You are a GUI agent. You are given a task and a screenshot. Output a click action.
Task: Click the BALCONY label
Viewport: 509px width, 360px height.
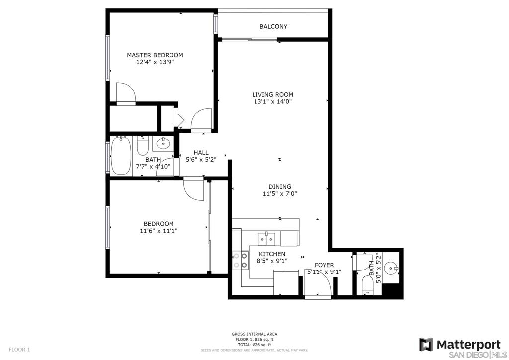click(x=273, y=27)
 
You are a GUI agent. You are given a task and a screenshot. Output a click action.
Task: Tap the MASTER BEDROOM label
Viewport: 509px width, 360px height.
click(x=155, y=55)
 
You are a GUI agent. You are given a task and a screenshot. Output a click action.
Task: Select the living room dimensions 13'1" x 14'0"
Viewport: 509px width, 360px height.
click(x=273, y=102)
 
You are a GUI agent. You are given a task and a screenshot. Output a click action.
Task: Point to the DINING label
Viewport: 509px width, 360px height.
click(x=280, y=186)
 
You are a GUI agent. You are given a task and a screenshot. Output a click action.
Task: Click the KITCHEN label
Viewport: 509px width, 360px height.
click(x=272, y=254)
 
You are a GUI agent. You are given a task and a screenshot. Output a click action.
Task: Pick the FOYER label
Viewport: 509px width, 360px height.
click(x=324, y=265)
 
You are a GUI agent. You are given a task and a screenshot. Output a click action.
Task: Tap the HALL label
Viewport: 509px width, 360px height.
click(x=201, y=152)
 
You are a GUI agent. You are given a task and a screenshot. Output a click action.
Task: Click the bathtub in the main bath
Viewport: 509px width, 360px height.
click(x=121, y=156)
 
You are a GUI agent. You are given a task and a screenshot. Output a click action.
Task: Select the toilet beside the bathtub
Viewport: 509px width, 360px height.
click(x=143, y=146)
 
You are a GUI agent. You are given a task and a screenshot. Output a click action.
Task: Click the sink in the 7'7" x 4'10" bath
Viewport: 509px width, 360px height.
click(x=163, y=143)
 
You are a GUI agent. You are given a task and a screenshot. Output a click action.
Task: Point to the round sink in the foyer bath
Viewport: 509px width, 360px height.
click(x=391, y=269)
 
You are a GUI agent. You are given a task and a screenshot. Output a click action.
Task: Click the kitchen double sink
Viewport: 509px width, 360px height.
click(x=266, y=239)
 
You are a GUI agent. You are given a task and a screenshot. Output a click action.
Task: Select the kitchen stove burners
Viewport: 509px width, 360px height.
click(x=241, y=261)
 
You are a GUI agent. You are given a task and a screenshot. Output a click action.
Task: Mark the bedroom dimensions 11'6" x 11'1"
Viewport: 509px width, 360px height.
click(x=159, y=231)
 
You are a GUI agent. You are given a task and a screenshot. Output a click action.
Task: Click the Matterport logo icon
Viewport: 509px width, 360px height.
click(x=425, y=345)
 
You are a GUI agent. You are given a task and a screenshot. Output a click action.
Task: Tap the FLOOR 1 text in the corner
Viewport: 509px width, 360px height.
click(x=19, y=350)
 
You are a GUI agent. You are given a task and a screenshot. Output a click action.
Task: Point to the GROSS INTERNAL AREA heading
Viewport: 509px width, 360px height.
click(x=254, y=334)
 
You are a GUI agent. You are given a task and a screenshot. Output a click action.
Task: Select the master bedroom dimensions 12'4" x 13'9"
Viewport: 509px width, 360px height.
click(x=155, y=62)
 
